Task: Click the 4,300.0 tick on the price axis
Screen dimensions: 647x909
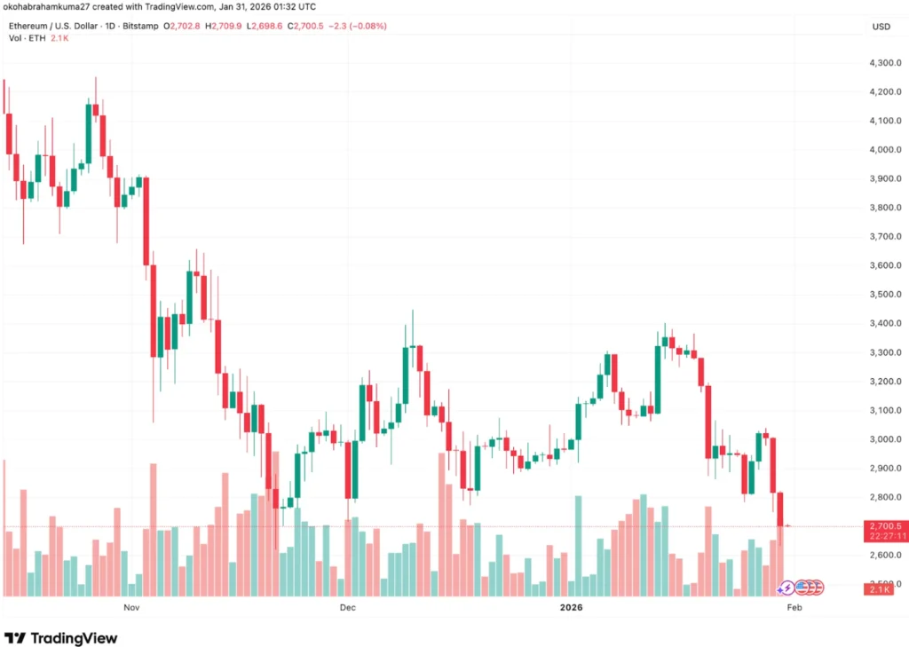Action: [886, 63]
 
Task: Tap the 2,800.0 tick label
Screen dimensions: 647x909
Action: [886, 497]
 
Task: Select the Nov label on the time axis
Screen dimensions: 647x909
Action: [131, 608]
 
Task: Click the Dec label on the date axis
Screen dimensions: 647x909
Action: [347, 608]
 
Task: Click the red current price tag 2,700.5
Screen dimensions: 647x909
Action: [886, 526]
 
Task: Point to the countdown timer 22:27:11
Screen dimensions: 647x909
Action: [886, 536]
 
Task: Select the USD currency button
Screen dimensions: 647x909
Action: [881, 27]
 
